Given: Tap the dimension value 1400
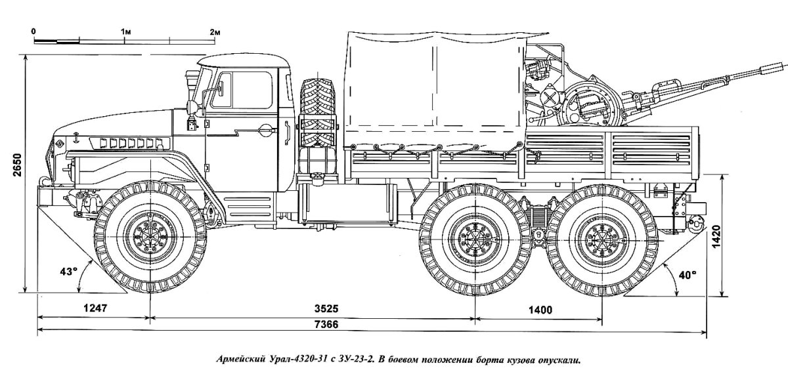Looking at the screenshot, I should click(539, 309).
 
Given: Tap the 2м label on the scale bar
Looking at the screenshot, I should click(215, 31).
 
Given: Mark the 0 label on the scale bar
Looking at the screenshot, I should click(33, 31).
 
